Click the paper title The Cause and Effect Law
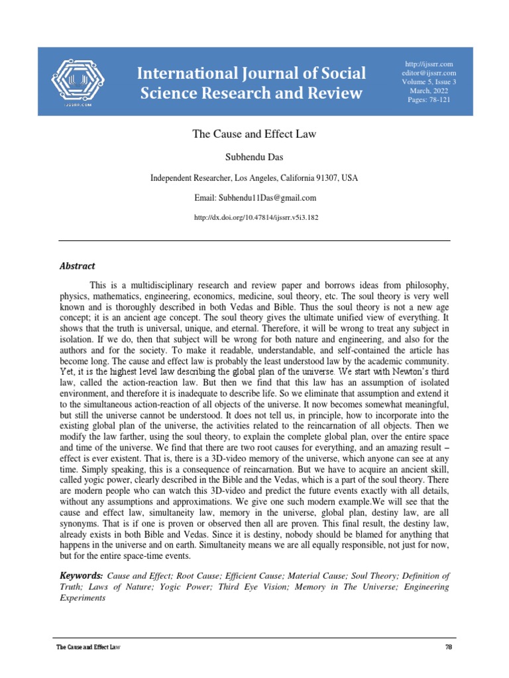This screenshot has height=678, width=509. pos(254,134)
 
